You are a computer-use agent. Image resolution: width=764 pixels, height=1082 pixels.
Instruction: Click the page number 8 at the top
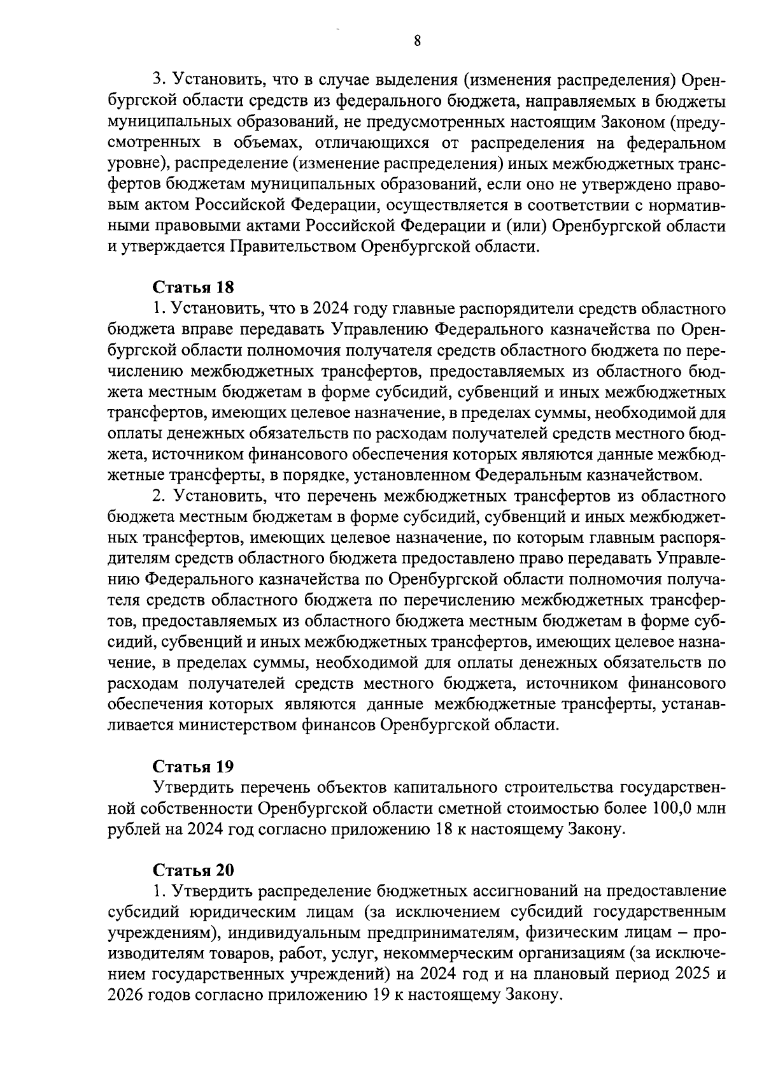(x=417, y=41)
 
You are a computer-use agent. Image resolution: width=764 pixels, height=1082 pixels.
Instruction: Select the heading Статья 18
(x=194, y=288)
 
